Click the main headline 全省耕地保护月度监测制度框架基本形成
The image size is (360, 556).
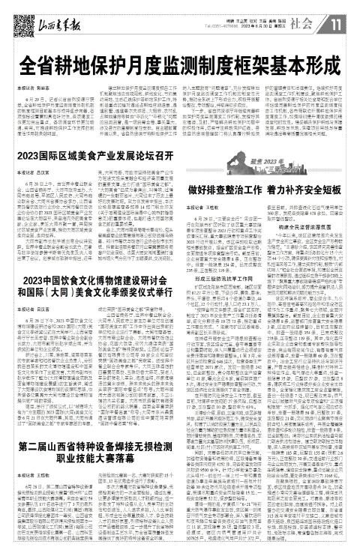tap(180, 61)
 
